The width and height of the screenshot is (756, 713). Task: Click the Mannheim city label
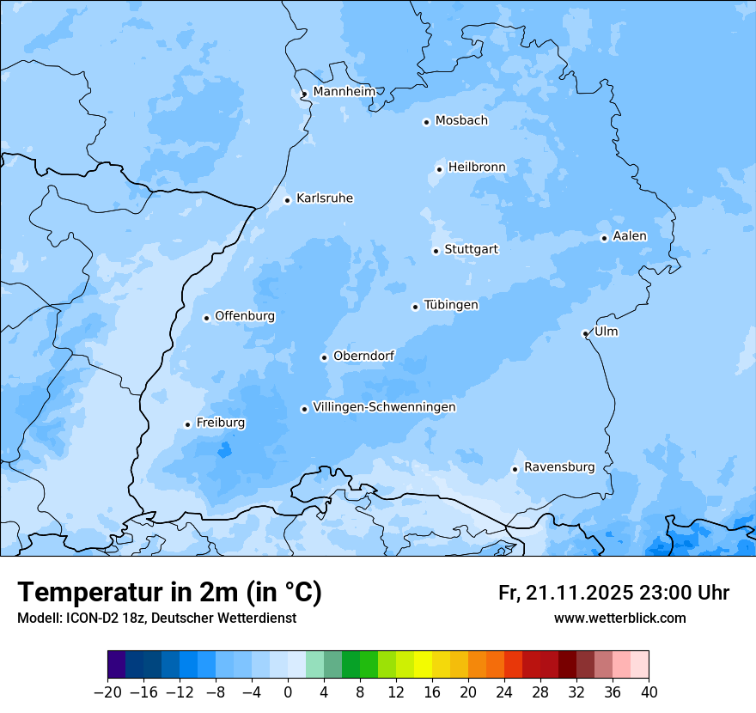click(344, 92)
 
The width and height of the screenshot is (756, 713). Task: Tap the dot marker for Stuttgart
click(436, 251)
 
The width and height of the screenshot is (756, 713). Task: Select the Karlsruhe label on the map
click(324, 198)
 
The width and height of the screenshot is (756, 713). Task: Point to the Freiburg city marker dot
click(187, 424)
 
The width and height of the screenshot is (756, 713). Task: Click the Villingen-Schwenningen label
click(384, 407)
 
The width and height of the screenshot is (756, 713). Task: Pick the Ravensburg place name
click(558, 467)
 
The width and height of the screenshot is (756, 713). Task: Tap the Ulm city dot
click(585, 333)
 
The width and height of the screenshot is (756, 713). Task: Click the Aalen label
click(629, 236)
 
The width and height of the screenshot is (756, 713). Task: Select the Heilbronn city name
click(477, 168)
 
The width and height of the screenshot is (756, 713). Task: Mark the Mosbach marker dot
click(426, 122)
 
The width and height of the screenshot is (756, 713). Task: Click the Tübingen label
click(451, 305)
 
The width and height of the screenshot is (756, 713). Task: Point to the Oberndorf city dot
click(324, 357)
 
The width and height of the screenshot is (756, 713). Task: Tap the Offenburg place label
click(245, 316)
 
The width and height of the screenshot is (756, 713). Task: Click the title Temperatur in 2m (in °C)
click(169, 592)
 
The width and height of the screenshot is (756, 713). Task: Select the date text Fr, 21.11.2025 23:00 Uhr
click(613, 593)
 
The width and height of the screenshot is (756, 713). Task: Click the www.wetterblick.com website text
click(619, 618)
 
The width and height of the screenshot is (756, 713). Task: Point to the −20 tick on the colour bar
click(108, 692)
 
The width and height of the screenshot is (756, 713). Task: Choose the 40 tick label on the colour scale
click(649, 692)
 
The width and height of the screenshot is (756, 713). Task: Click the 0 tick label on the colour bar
click(288, 692)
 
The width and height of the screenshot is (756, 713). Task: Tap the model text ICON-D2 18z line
click(156, 618)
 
